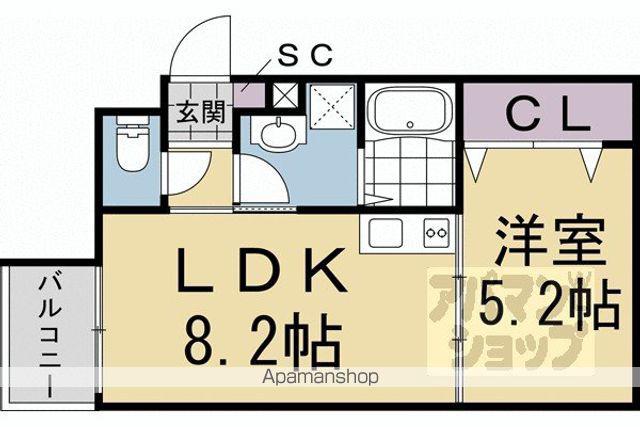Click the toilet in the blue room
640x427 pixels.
(x=132, y=143)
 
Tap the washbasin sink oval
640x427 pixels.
(x=278, y=133)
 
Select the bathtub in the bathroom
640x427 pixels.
(x=409, y=110)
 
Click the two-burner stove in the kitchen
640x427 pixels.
(x=436, y=233)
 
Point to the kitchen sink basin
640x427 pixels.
(x=385, y=233)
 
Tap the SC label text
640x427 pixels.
(x=304, y=56)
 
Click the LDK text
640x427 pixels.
(x=261, y=270)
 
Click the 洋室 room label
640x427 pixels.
(x=549, y=242)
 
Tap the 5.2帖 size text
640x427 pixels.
(x=549, y=303)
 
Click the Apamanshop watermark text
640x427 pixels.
(x=320, y=377)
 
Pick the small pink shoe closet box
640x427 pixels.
(x=249, y=96)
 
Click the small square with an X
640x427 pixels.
(x=284, y=96)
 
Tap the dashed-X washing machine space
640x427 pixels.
(x=332, y=107)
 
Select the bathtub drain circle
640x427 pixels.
(x=410, y=125)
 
